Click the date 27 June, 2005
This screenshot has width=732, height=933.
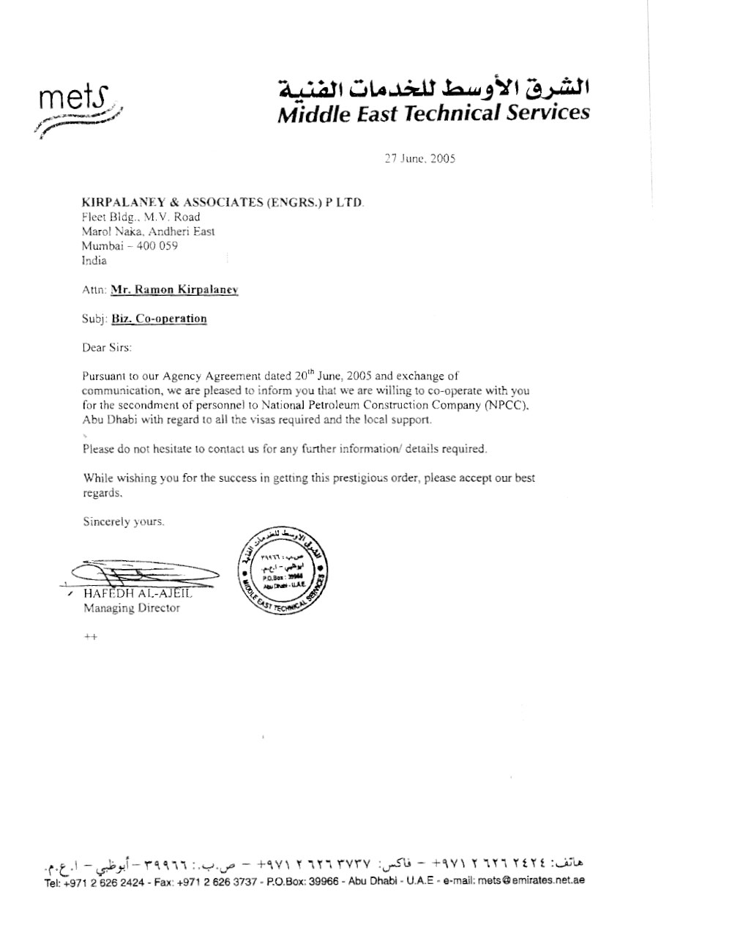click(420, 158)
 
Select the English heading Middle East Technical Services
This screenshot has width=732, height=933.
click(433, 113)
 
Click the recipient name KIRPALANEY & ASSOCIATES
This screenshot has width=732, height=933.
click(222, 202)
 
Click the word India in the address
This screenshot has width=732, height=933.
click(94, 261)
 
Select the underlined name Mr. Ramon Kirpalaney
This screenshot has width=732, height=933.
click(174, 290)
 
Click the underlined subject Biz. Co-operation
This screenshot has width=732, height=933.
click(159, 319)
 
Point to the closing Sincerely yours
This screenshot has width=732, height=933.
click(124, 522)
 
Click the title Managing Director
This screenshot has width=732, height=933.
click(131, 608)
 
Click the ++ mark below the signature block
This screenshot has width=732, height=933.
click(90, 637)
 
